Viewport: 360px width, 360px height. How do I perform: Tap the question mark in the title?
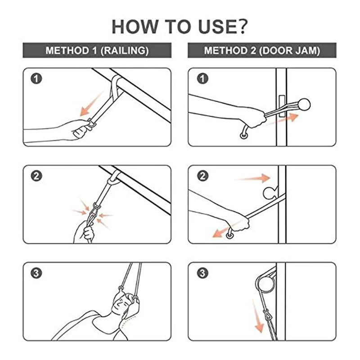coord(241,27)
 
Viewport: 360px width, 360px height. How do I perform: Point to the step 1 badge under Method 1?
coord(36,78)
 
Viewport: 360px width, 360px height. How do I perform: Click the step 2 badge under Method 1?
coord(36,176)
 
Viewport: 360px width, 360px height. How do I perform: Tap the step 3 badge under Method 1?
coord(36,273)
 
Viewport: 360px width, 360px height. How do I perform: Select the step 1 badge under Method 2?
coord(202,78)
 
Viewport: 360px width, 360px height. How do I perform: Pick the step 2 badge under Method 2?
coord(202,176)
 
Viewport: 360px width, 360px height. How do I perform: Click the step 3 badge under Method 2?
coord(202,273)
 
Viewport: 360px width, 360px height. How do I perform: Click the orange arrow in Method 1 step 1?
coord(91,104)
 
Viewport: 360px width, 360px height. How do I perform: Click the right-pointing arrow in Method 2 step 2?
coord(252,178)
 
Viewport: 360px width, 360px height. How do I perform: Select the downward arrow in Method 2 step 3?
coord(257,316)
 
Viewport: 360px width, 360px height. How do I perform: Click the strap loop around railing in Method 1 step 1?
coord(117,85)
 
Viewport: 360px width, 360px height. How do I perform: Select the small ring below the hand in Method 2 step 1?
coord(243,135)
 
